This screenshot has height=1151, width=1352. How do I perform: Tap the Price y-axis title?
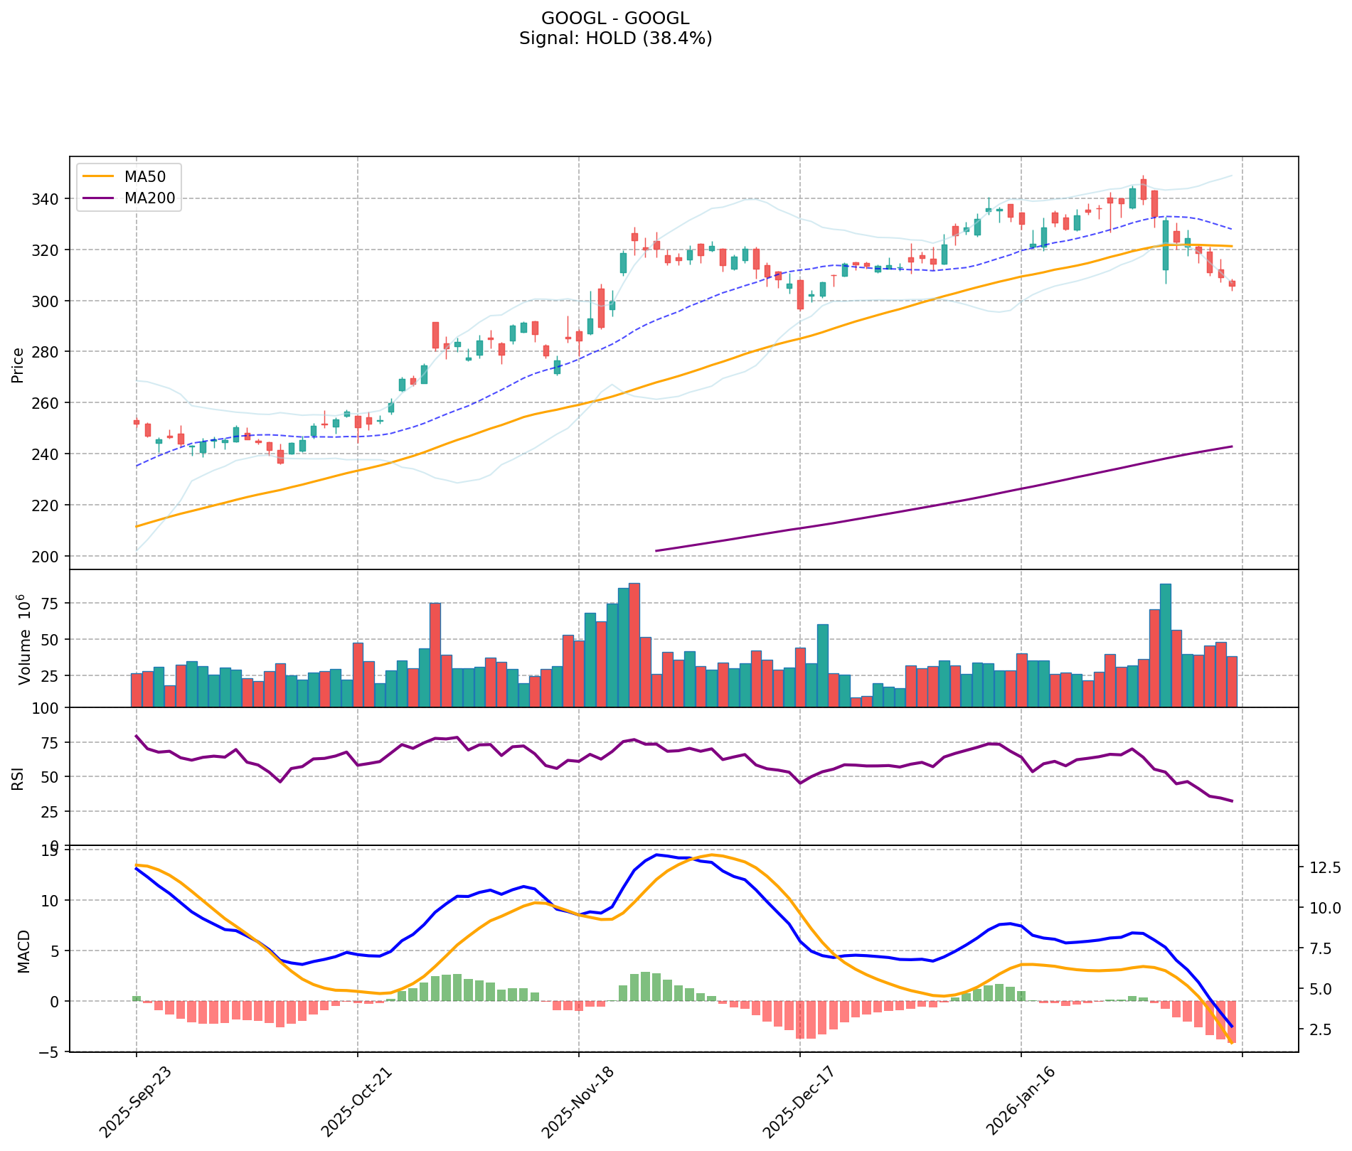18,365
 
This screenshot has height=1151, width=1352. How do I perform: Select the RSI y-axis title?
18,777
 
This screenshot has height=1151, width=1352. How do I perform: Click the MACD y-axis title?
23,951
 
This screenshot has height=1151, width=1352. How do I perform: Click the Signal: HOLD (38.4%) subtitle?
615,38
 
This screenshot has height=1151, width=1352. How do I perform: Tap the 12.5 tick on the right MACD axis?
1324,867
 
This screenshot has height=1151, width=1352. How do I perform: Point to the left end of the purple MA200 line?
656,550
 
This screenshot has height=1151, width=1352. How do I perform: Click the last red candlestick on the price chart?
1232,283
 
